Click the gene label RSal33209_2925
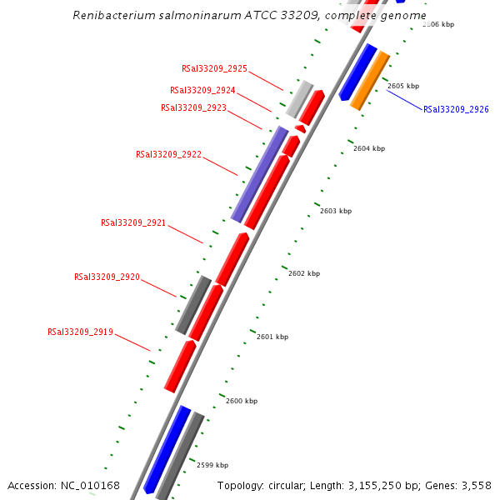coord(214,69)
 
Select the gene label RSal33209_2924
coord(202,90)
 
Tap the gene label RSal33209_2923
coord(193,107)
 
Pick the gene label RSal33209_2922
coord(168,154)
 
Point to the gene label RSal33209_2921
coord(133,222)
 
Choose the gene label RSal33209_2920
coord(107,277)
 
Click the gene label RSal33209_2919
coord(80,332)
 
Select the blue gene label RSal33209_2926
coord(456,109)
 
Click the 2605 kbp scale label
coord(403,86)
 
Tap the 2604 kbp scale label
coord(369,148)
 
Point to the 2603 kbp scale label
coord(336,211)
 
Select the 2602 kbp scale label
coord(304,273)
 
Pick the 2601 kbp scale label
coord(272,337)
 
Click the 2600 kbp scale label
coord(242,401)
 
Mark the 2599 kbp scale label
coord(212,465)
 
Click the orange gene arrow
coord(370,80)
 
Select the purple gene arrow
coord(259,175)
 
